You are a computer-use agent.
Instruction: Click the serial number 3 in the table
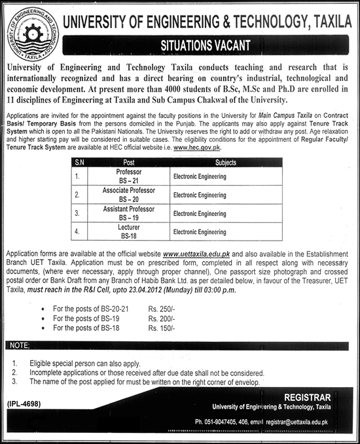point(78,213)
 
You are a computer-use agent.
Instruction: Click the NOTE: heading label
point(22,345)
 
